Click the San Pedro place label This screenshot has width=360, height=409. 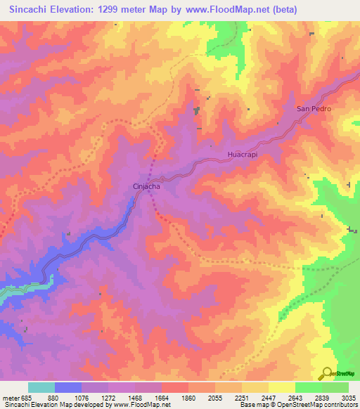(x=313, y=109)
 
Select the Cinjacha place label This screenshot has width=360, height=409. (x=147, y=187)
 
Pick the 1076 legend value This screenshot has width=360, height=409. (x=81, y=398)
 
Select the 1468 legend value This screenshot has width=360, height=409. (x=134, y=398)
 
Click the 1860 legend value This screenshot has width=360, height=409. (x=188, y=398)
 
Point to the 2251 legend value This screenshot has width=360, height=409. (x=242, y=398)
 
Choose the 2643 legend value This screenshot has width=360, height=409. (x=296, y=398)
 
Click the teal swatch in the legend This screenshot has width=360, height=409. (x=41, y=387)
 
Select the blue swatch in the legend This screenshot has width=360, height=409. (x=68, y=387)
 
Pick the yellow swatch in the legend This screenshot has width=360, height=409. (x=282, y=387)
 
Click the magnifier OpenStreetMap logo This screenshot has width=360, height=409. (x=326, y=373)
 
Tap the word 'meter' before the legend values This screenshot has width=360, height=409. (x=9, y=398)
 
